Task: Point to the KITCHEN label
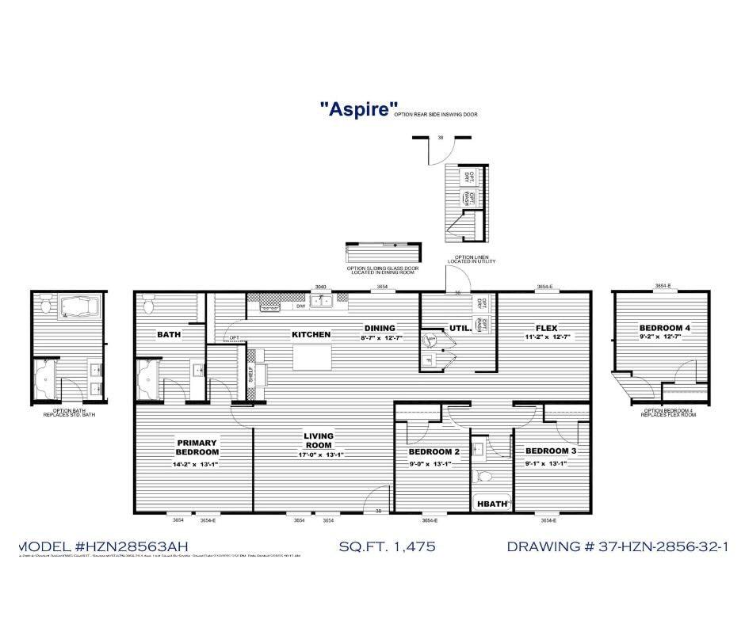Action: coord(311,334)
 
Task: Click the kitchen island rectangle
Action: coord(311,357)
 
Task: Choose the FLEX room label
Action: coord(545,328)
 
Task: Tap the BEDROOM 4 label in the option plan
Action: coord(664,328)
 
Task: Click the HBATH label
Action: coord(491,504)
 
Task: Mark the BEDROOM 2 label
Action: coord(434,452)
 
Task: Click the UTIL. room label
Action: coord(460,327)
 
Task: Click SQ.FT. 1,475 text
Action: coord(387,546)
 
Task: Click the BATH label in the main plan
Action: coord(169,334)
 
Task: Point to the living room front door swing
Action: coord(369,500)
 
